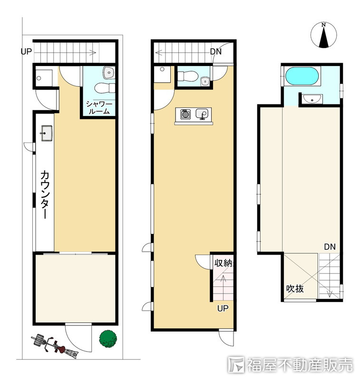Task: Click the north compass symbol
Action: click(x=323, y=35)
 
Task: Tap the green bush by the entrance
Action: click(x=108, y=339)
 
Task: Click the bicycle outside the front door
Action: click(x=55, y=346)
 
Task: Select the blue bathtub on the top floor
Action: click(x=302, y=76)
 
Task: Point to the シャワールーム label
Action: click(x=99, y=108)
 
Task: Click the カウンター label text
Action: click(x=45, y=194)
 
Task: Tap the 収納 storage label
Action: click(x=223, y=263)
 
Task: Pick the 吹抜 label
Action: click(x=295, y=289)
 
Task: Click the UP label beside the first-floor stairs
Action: click(x=26, y=52)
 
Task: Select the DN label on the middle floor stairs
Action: click(x=215, y=52)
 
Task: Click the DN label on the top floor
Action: click(x=330, y=247)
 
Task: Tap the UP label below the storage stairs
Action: click(x=223, y=308)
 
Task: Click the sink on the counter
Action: click(x=47, y=133)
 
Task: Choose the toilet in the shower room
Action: click(x=105, y=88)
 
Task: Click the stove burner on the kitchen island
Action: click(x=185, y=114)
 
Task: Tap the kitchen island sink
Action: click(x=202, y=114)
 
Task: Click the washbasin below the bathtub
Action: click(x=312, y=99)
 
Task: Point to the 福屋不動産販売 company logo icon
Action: click(x=236, y=364)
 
